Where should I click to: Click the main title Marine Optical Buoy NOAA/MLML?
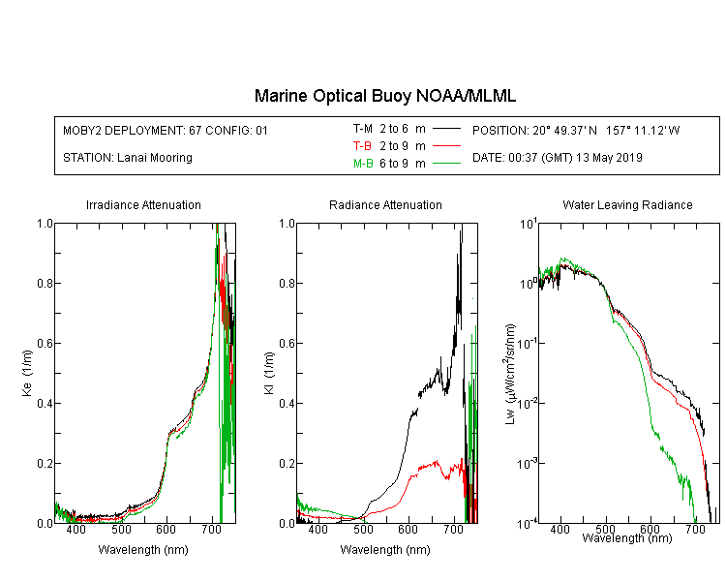coord(384,96)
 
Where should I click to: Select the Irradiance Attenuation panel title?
coord(143,204)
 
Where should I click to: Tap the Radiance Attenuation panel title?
coord(385,204)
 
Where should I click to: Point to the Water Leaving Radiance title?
coord(627,204)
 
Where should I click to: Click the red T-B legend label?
coord(362,146)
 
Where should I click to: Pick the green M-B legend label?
coord(363,164)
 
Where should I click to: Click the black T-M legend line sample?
coord(446,129)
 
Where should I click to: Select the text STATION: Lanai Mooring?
coord(128,158)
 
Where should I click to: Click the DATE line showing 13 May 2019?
coord(558,158)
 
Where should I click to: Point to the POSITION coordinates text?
coord(576,130)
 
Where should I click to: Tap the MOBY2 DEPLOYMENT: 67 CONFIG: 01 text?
coord(166,130)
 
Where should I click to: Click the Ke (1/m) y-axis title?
coord(27,373)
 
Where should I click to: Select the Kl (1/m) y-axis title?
coord(269,373)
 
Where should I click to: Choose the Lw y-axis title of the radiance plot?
coord(510,374)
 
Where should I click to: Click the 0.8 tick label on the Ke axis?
coord(45,283)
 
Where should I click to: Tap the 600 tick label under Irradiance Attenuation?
coord(166,529)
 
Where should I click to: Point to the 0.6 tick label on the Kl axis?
coord(287,344)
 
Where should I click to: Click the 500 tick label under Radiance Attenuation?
coord(363,529)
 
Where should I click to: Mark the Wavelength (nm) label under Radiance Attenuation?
coord(385,550)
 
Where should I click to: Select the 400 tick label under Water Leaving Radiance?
coord(560,529)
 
